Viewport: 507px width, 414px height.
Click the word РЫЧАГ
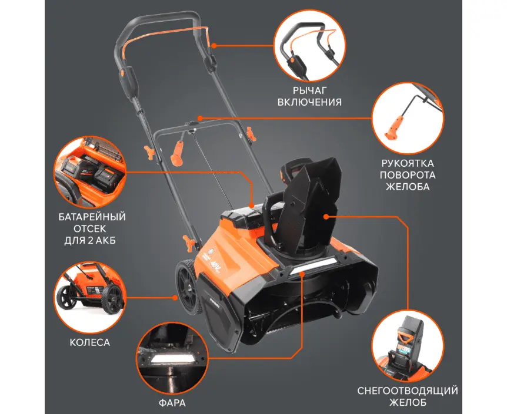(x=309, y=90)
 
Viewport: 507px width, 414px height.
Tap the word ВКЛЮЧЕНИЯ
(x=309, y=102)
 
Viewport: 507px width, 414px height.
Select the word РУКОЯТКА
(x=408, y=163)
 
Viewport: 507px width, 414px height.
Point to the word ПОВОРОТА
(x=408, y=175)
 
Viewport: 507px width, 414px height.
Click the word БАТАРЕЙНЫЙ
(x=92, y=217)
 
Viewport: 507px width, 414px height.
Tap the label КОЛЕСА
(x=90, y=342)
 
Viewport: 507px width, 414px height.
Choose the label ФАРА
(x=172, y=403)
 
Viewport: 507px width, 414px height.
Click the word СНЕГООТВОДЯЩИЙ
(x=408, y=391)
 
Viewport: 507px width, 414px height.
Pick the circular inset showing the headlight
(x=172, y=357)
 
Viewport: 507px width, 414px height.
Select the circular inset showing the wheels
(x=89, y=297)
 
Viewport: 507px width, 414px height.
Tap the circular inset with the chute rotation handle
(x=408, y=118)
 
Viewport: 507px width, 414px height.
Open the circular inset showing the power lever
(x=310, y=46)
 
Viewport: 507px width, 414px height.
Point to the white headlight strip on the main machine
(x=312, y=266)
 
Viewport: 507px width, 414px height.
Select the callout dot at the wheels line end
(x=175, y=297)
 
